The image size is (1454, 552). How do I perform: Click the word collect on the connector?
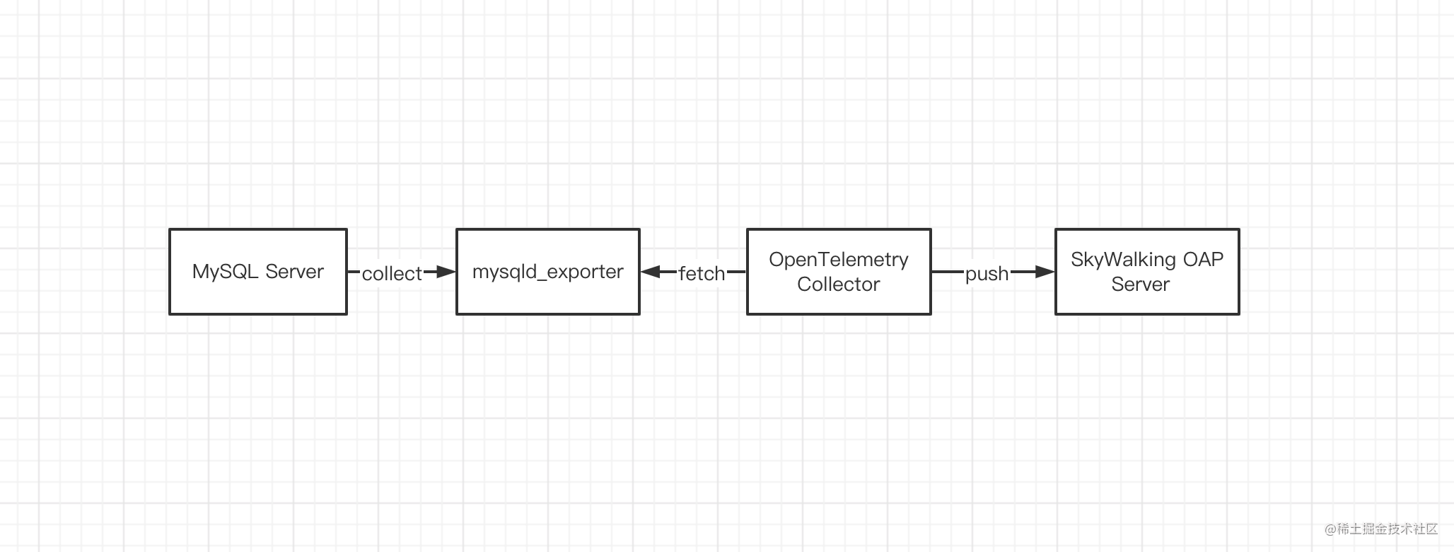(392, 273)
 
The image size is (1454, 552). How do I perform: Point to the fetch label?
(702, 273)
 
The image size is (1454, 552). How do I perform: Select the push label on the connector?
(987, 273)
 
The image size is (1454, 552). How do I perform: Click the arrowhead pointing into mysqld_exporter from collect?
(446, 272)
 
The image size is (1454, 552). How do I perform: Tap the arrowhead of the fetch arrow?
(651, 272)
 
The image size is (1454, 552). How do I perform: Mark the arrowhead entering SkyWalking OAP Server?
(1045, 272)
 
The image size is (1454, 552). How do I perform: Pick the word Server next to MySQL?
(294, 272)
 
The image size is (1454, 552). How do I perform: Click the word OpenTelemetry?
(839, 260)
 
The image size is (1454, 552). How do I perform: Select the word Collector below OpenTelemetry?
(839, 284)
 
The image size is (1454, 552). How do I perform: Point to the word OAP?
(1203, 260)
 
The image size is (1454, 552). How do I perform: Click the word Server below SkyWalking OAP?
(1140, 284)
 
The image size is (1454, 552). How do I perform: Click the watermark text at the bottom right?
(1381, 529)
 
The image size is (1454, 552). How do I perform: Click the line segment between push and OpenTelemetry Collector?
(948, 272)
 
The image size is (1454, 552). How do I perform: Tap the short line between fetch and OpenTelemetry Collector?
(736, 272)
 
